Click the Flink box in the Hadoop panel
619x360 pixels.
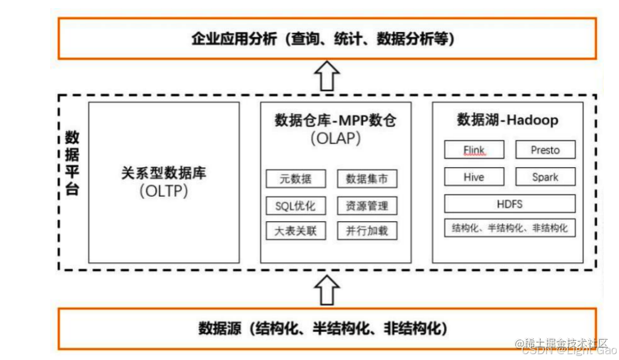tap(474, 150)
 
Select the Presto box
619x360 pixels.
tap(545, 150)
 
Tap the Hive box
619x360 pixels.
tap(474, 177)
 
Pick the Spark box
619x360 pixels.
tap(545, 177)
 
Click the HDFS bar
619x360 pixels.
tap(509, 204)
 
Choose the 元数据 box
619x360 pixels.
tap(296, 179)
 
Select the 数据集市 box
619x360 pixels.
tap(367, 179)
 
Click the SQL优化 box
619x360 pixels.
tap(296, 206)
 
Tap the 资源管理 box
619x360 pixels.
tap(367, 206)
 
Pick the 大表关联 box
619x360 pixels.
tap(296, 231)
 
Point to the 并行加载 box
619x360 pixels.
tap(367, 231)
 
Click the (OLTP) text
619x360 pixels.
tap(164, 191)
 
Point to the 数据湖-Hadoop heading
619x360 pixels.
tap(507, 120)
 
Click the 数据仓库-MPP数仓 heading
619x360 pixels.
tap(335, 121)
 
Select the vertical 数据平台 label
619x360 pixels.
tap(72, 163)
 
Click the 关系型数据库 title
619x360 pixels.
tap(164, 173)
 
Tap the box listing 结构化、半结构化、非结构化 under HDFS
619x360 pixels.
tap(509, 228)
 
